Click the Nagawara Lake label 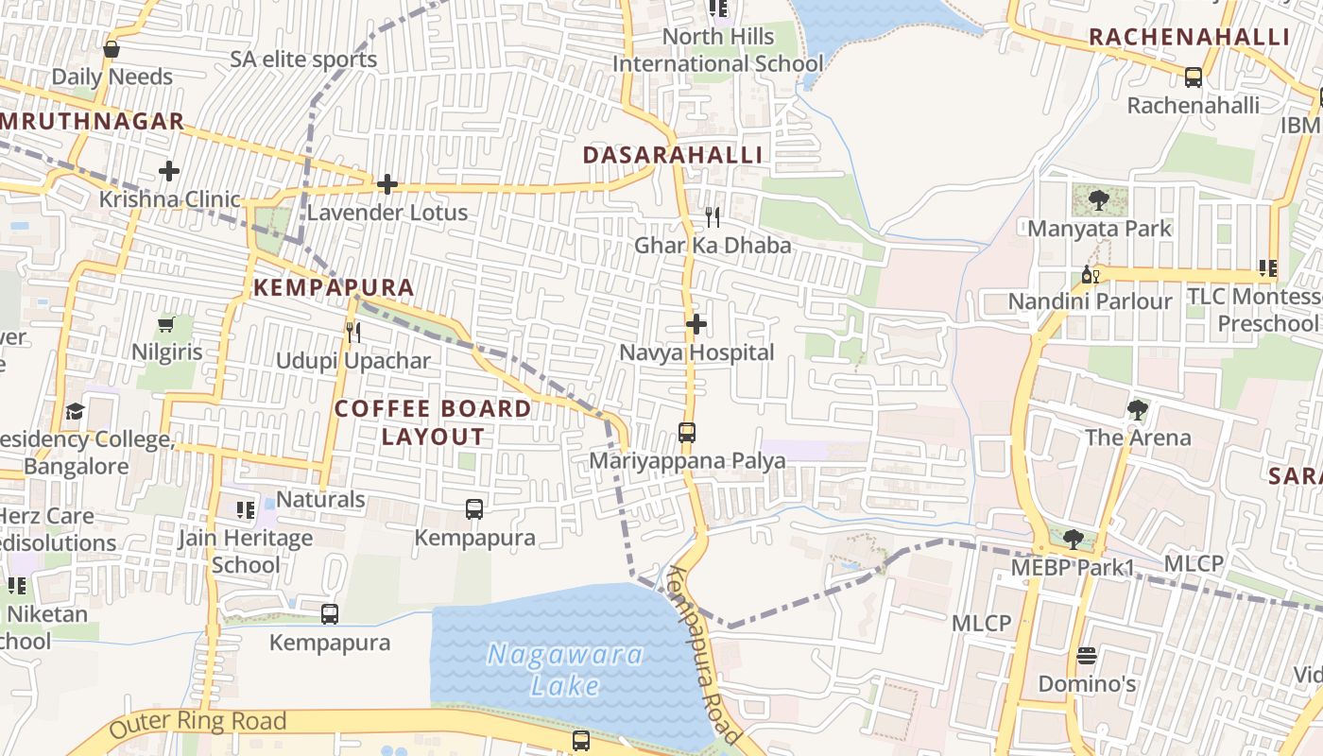pos(565,669)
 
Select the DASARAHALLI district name pos(672,155)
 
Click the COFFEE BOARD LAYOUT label pos(433,422)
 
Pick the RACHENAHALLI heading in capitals pos(1189,37)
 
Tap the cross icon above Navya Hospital pos(696,325)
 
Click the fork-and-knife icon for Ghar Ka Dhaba pos(713,217)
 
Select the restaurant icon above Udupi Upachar pos(352,333)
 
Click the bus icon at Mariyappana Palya pos(687,434)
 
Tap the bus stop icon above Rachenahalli pos(1194,77)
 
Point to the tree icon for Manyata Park pos(1099,200)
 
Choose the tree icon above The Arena pos(1138,410)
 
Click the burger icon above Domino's pos(1087,656)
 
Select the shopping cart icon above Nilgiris pos(166,325)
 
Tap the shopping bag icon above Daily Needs pos(112,49)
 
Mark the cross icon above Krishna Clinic pos(169,171)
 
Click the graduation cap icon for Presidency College pos(75,412)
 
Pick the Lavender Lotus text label pos(387,213)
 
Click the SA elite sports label pos(303,60)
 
